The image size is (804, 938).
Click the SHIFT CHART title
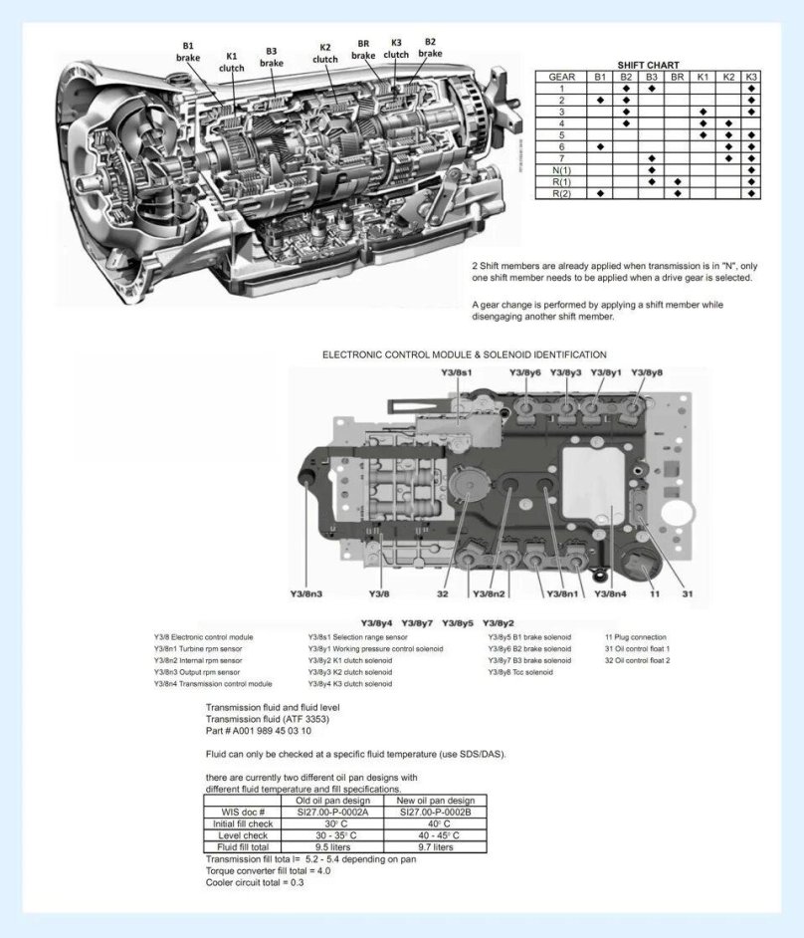click(648, 65)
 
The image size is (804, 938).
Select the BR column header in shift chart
click(677, 77)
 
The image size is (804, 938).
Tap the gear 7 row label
click(562, 158)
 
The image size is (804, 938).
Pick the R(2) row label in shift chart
click(562, 193)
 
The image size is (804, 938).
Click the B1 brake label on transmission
click(188, 52)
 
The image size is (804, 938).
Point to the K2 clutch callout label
click(325, 53)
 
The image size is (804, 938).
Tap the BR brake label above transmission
click(364, 50)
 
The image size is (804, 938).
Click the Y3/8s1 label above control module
click(456, 372)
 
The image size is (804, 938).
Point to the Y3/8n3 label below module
click(305, 594)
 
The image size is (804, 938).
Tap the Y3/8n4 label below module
click(609, 594)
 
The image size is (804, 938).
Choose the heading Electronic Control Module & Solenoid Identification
click(464, 353)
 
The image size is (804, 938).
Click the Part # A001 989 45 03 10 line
click(258, 731)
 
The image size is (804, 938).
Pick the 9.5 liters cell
click(327, 846)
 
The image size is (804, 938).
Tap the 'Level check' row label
click(243, 834)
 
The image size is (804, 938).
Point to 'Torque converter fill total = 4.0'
click(268, 870)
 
